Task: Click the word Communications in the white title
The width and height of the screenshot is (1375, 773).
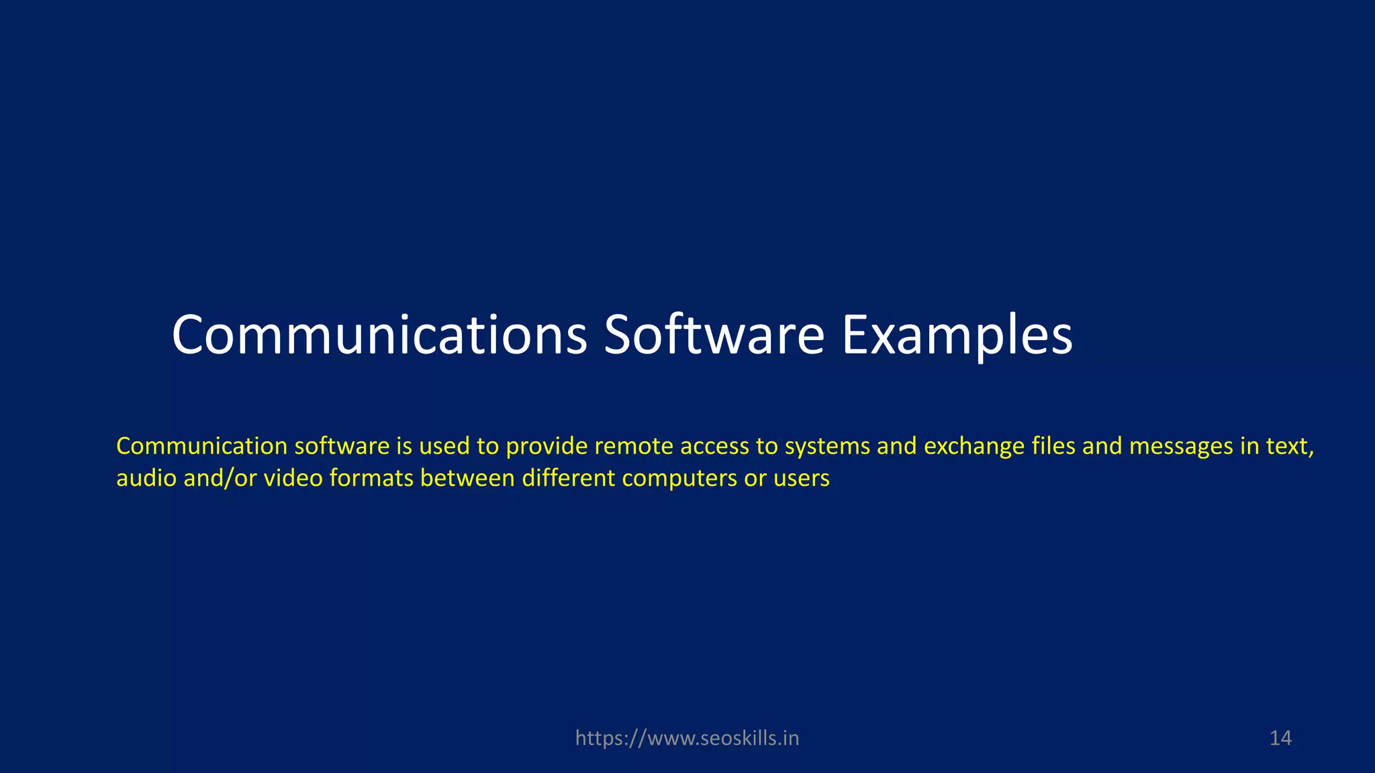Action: click(x=379, y=335)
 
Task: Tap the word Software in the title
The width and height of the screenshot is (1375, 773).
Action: click(x=714, y=335)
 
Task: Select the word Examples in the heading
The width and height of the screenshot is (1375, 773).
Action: click(x=957, y=335)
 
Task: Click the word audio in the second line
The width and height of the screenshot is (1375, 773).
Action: click(x=144, y=478)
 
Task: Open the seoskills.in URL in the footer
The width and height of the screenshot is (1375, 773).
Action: click(x=687, y=738)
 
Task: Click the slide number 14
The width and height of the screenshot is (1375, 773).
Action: click(x=1280, y=738)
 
